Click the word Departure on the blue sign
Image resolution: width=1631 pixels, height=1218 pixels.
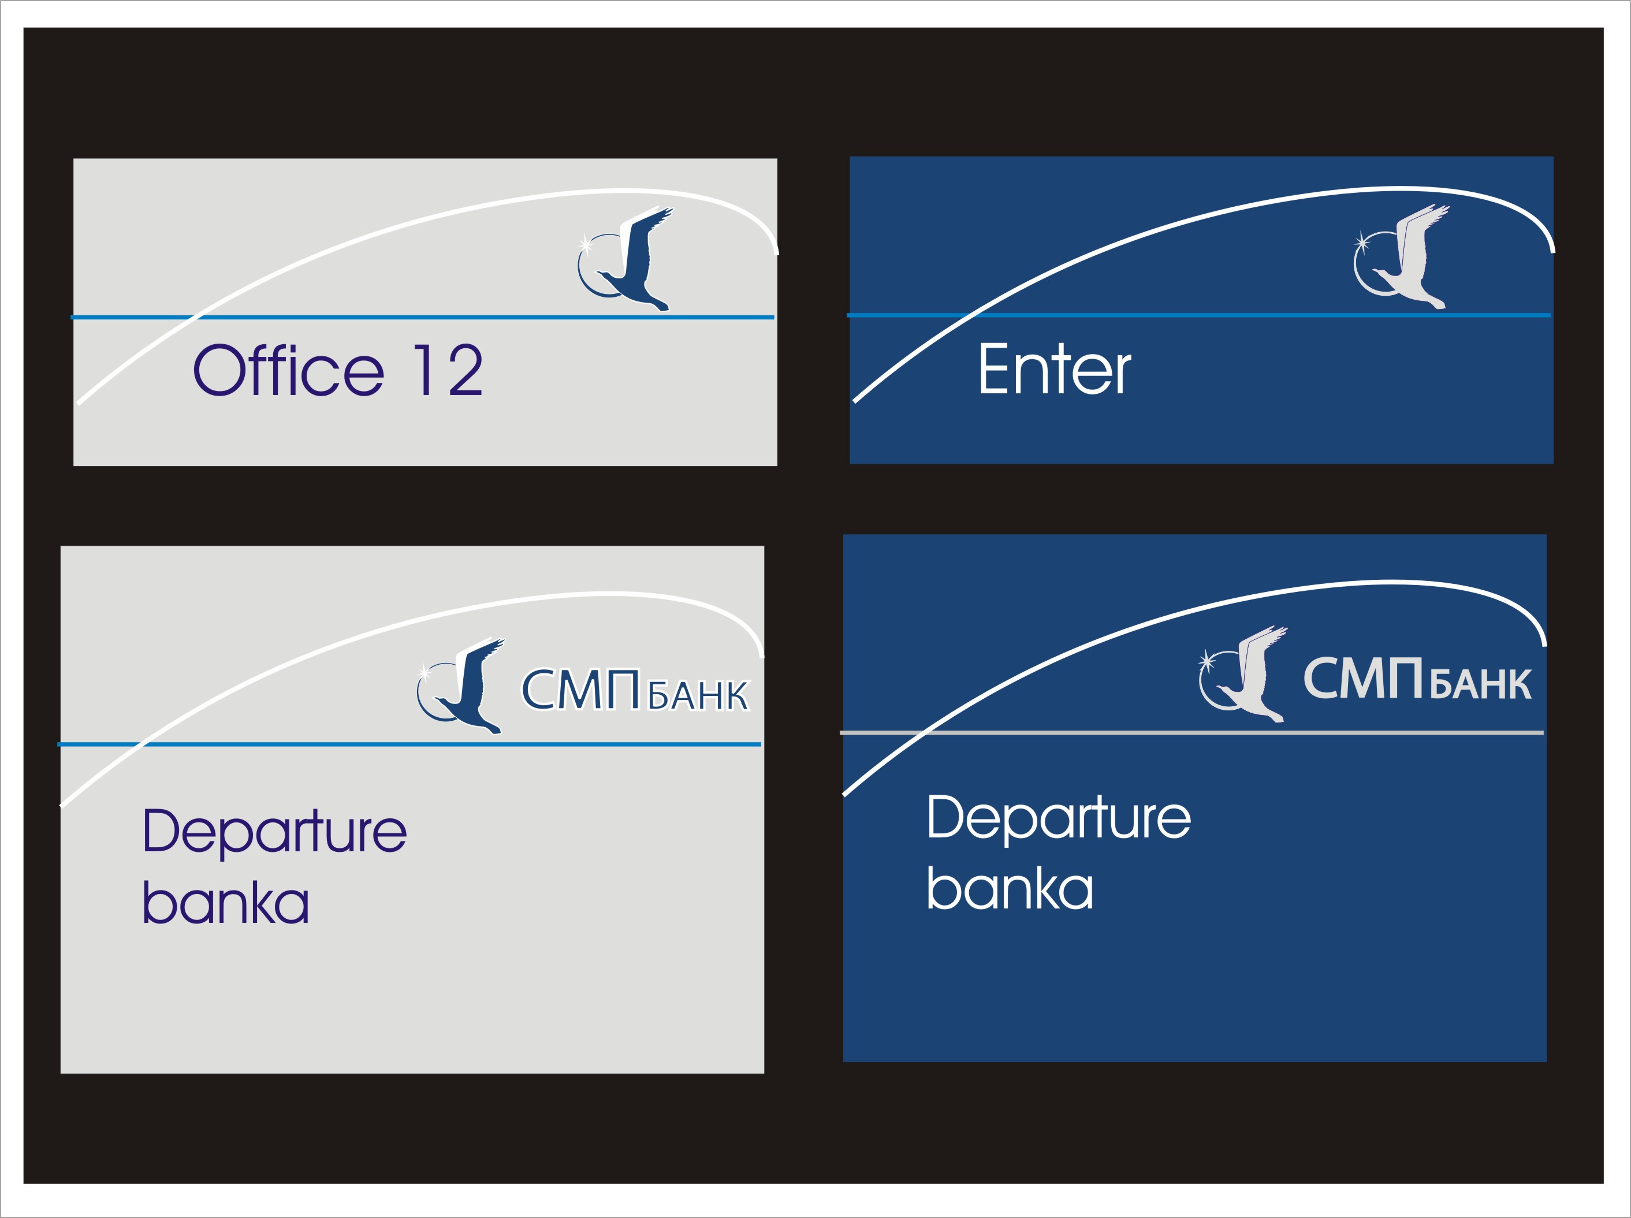click(x=1059, y=817)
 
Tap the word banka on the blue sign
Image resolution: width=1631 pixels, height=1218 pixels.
click(x=1010, y=888)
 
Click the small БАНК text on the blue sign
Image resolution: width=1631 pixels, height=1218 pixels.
click(x=1481, y=684)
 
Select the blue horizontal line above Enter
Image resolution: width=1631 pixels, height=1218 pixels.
click(x=1253, y=315)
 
